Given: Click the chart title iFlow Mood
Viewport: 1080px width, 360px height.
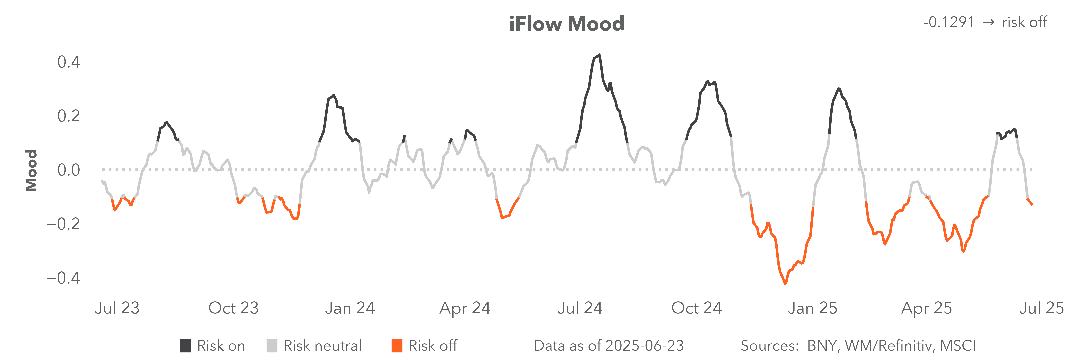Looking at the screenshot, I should click(566, 24).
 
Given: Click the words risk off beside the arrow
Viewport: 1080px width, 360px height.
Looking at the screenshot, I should click(1024, 22).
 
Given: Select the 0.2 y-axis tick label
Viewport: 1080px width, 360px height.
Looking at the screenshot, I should click(68, 116).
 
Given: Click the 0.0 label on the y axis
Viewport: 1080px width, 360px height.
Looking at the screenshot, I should click(68, 170).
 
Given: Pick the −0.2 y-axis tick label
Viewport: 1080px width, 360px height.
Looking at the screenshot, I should click(63, 224).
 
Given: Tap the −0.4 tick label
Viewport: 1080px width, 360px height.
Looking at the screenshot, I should click(63, 278).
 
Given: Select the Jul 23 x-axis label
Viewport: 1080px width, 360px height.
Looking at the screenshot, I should click(117, 308).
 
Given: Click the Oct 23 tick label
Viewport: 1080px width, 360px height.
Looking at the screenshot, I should click(234, 308).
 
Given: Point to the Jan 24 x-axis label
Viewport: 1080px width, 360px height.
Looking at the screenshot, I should click(350, 308).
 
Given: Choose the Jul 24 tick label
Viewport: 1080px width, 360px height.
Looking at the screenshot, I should click(580, 308).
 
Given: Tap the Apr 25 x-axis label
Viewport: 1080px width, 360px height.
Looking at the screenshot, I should click(927, 308).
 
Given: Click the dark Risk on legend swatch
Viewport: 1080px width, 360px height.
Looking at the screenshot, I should click(185, 346).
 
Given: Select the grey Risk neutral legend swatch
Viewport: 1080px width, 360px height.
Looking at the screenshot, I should click(272, 346).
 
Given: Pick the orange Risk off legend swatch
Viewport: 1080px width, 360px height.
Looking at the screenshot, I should click(397, 346).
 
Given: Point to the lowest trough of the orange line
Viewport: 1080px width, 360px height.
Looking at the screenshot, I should click(785, 284).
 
